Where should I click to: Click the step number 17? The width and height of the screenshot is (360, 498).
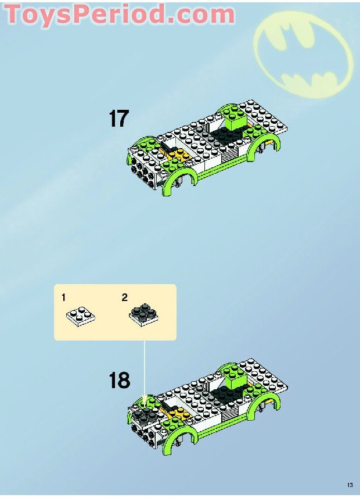[118, 119]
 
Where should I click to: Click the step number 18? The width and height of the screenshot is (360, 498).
[119, 381]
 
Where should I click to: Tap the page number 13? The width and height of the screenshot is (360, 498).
[350, 485]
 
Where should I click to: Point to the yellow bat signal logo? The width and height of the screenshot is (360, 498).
[305, 46]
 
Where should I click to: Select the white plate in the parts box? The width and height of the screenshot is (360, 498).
[81, 316]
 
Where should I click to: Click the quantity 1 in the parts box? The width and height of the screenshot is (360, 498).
[63, 298]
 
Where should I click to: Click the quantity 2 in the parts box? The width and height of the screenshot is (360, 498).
[124, 298]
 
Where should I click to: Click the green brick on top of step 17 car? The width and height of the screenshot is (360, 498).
[237, 122]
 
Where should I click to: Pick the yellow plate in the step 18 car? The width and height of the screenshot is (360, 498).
[178, 414]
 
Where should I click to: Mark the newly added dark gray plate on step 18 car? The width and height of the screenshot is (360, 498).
[144, 413]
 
